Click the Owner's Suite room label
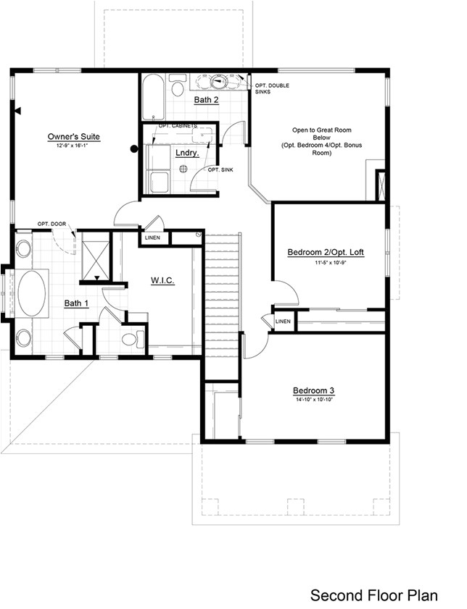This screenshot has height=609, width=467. [73, 136]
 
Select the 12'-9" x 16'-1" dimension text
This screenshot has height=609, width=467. [73, 146]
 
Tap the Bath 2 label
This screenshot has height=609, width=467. [206, 99]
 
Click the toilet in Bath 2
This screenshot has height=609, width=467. [177, 88]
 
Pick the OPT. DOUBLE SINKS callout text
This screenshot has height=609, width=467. [272, 89]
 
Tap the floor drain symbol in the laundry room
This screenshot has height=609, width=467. [183, 168]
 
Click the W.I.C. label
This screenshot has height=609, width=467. [162, 280]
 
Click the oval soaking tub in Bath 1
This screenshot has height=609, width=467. [31, 293]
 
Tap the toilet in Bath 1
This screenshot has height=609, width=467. [131, 338]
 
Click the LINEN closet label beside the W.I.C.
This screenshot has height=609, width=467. [153, 238]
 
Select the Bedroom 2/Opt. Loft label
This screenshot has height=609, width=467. [326, 252]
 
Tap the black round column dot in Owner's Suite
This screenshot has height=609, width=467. [133, 149]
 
